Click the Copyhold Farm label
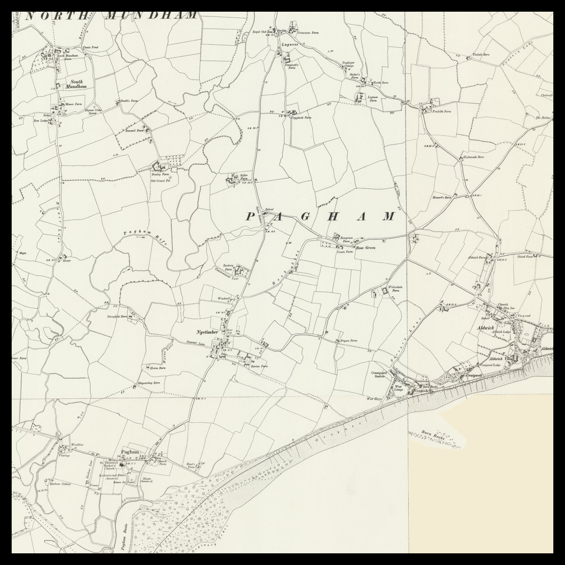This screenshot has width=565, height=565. [303, 118]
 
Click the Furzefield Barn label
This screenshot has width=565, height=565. [119, 317]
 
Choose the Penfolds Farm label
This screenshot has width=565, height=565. [441, 111]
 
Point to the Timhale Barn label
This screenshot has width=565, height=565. [481, 55]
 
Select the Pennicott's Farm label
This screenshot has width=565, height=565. [292, 66]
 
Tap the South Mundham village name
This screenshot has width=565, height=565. [76, 84]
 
